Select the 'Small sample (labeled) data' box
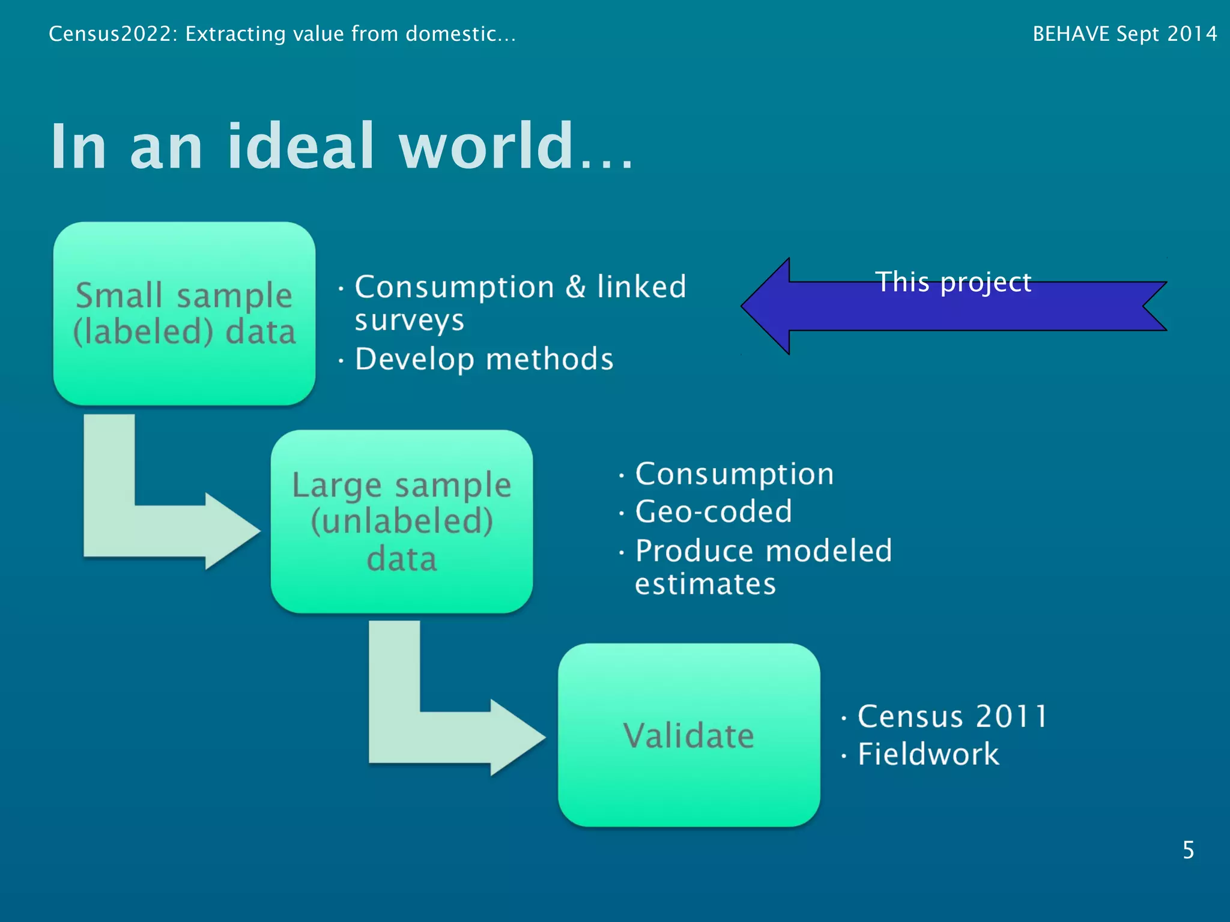tap(184, 313)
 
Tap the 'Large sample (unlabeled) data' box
tap(401, 521)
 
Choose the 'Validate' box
tap(689, 735)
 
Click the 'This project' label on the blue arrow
tap(953, 282)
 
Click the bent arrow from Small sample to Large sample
tap(150, 528)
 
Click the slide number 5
tap(1188, 850)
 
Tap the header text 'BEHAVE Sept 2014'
tap(1124, 34)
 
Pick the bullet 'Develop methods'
tap(484, 360)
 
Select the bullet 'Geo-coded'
tap(713, 511)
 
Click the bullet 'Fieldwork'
tap(928, 754)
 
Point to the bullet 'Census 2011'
tap(953, 716)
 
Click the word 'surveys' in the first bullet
tap(410, 321)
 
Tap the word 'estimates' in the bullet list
tap(706, 584)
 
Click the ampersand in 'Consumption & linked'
tap(575, 286)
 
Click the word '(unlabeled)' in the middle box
tap(402, 520)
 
